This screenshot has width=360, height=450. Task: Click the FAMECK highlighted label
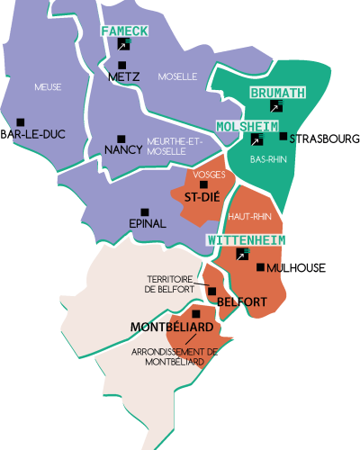(x=123, y=31)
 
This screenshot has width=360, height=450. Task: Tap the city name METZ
(x=123, y=77)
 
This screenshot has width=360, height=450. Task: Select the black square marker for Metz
(x=121, y=65)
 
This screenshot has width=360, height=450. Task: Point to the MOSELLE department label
(x=177, y=76)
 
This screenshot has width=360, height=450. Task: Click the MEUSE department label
(x=48, y=87)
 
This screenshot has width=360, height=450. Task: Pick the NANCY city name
(x=122, y=149)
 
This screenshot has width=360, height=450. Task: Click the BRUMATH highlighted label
(x=277, y=93)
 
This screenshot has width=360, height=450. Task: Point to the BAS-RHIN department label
(x=268, y=159)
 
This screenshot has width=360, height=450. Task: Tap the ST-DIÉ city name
(x=203, y=196)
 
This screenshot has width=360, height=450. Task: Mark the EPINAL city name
(x=148, y=222)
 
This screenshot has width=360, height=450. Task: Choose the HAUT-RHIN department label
(x=250, y=217)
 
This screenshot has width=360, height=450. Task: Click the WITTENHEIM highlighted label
(x=247, y=240)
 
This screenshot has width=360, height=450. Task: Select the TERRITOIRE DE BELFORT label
(x=169, y=283)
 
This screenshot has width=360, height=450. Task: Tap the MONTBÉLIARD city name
(x=172, y=326)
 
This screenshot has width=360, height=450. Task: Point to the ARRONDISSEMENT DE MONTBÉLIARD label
(x=174, y=356)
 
